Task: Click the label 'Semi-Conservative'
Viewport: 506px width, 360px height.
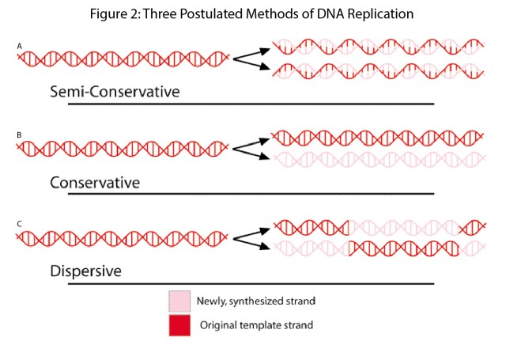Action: tap(115, 91)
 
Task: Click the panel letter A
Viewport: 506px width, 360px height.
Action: tap(19, 47)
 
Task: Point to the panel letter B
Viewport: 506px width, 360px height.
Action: tap(19, 136)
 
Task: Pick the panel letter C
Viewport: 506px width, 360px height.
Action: tap(19, 225)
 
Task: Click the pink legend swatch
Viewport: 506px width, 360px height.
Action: tap(179, 301)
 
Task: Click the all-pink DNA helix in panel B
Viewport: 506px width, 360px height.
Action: tap(377, 160)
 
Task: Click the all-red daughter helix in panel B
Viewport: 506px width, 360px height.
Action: tap(377, 137)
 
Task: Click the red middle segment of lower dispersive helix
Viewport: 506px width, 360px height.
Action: tap(403, 249)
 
